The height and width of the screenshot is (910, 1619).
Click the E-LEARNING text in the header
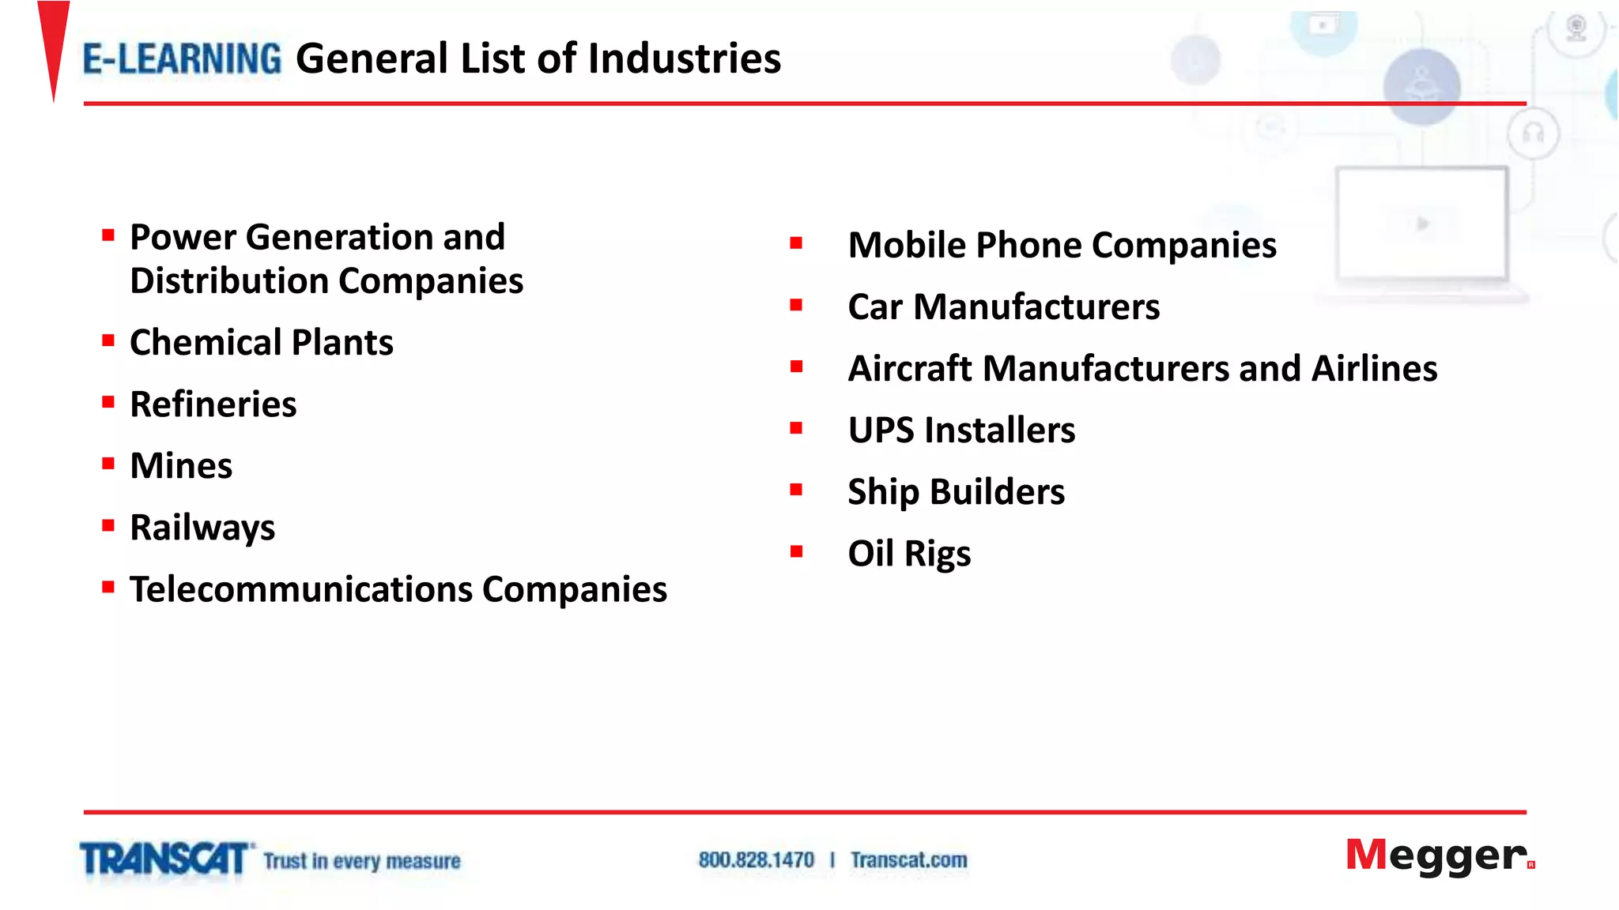pos(182,59)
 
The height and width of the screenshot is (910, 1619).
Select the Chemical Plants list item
pos(262,343)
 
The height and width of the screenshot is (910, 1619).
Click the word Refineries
pos(213,404)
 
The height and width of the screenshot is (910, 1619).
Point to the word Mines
pos(181,466)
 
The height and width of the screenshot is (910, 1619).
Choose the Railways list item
pos(202,528)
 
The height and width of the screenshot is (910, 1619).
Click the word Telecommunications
pos(301,589)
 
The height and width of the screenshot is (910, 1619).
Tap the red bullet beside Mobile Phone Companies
pos(796,243)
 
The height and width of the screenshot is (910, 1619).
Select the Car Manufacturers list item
pos(1003,306)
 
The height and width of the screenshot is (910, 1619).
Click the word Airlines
pos(1374,368)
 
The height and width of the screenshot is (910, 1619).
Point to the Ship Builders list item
pos(956,492)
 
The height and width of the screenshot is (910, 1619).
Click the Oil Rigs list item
pos(909,554)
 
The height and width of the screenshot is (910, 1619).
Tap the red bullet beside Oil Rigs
pos(796,552)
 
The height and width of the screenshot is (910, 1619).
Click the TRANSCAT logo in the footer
pos(165,859)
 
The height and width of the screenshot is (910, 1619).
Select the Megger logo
pos(1439,856)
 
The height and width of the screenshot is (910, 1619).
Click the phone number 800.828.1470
pos(756,860)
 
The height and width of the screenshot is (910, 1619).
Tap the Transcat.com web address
pos(908,860)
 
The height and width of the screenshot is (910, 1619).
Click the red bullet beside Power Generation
pos(108,235)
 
